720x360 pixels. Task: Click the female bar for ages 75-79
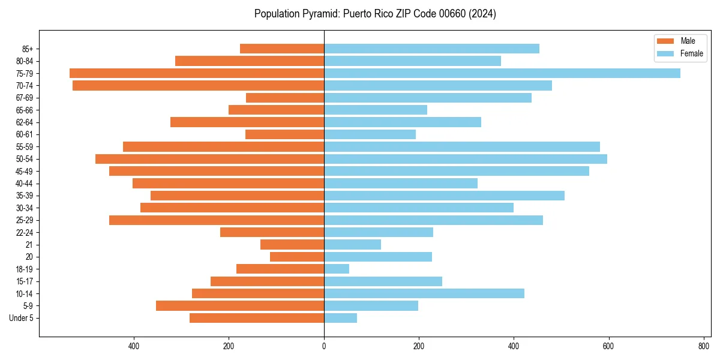502,73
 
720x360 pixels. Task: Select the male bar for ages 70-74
198,86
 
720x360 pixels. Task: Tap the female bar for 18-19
337,269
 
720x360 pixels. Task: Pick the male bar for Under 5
257,318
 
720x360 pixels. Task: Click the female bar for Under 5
340,318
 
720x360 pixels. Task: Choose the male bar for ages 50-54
209,159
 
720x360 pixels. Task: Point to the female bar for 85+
431,49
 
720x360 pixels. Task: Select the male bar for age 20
297,257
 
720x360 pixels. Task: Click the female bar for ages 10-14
424,293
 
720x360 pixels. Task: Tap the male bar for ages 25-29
217,220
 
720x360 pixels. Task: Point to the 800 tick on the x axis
703,346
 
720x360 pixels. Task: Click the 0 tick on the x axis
324,346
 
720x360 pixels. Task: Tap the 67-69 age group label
28,98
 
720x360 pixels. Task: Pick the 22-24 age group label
28,232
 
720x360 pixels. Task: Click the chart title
375,14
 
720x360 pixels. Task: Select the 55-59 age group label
28,147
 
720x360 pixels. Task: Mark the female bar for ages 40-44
401,184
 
